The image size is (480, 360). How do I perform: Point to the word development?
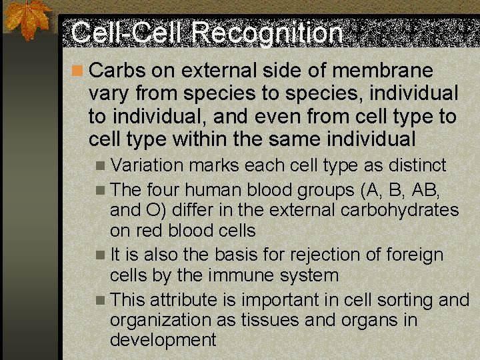163,340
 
